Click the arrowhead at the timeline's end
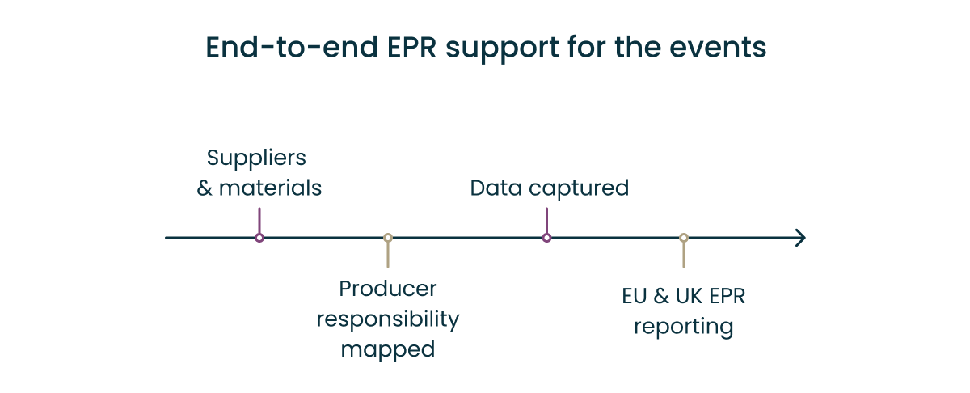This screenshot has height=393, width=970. click(x=799, y=238)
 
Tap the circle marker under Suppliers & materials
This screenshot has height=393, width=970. click(x=259, y=238)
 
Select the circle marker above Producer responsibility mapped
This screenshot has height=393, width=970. click(x=388, y=238)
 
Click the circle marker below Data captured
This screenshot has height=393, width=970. click(x=546, y=238)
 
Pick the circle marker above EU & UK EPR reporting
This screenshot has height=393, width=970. click(x=684, y=238)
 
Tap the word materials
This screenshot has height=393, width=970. click(x=271, y=188)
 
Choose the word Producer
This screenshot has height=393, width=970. click(x=388, y=289)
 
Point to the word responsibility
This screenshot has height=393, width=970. click(x=388, y=319)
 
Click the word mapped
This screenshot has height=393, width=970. click(x=388, y=349)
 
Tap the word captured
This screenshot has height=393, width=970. click(x=579, y=189)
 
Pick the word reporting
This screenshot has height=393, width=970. click(x=684, y=327)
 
